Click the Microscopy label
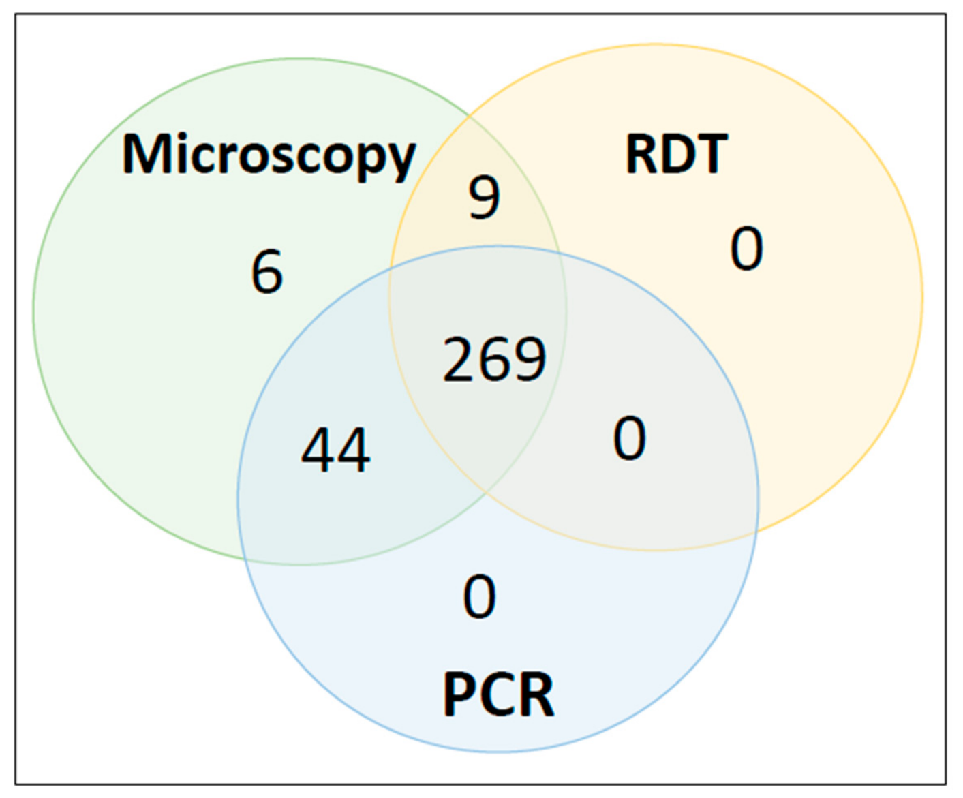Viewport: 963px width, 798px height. click(x=269, y=156)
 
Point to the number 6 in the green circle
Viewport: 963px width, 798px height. click(x=267, y=271)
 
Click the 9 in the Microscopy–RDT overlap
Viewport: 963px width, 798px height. click(x=484, y=198)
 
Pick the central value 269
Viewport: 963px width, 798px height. click(x=495, y=359)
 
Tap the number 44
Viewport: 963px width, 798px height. click(x=336, y=450)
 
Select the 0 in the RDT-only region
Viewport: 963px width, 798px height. click(x=747, y=248)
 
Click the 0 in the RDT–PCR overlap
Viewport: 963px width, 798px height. click(x=630, y=438)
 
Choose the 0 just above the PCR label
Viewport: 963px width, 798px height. click(x=480, y=597)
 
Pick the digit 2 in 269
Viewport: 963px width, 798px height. click(x=459, y=359)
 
